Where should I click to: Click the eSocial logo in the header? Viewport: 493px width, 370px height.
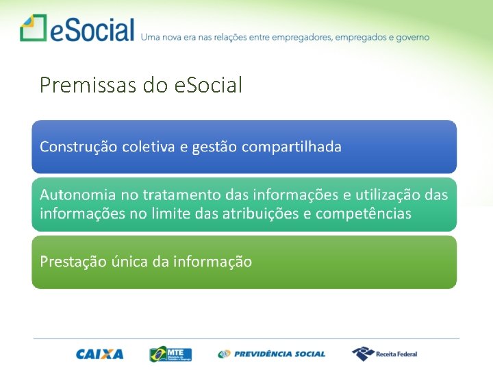click(77, 29)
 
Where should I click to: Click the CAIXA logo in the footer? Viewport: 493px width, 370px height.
click(100, 354)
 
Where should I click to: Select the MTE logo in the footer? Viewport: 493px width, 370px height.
click(170, 354)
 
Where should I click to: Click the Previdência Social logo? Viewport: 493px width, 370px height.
click(272, 354)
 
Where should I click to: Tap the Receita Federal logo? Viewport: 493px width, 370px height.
click(384, 354)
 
